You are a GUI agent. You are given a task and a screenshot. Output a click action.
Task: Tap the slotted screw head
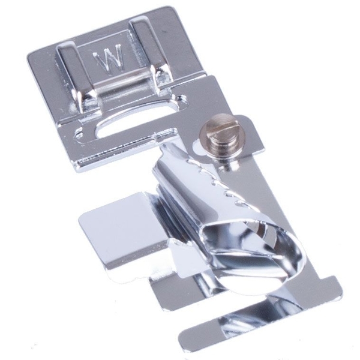point(211,127)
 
